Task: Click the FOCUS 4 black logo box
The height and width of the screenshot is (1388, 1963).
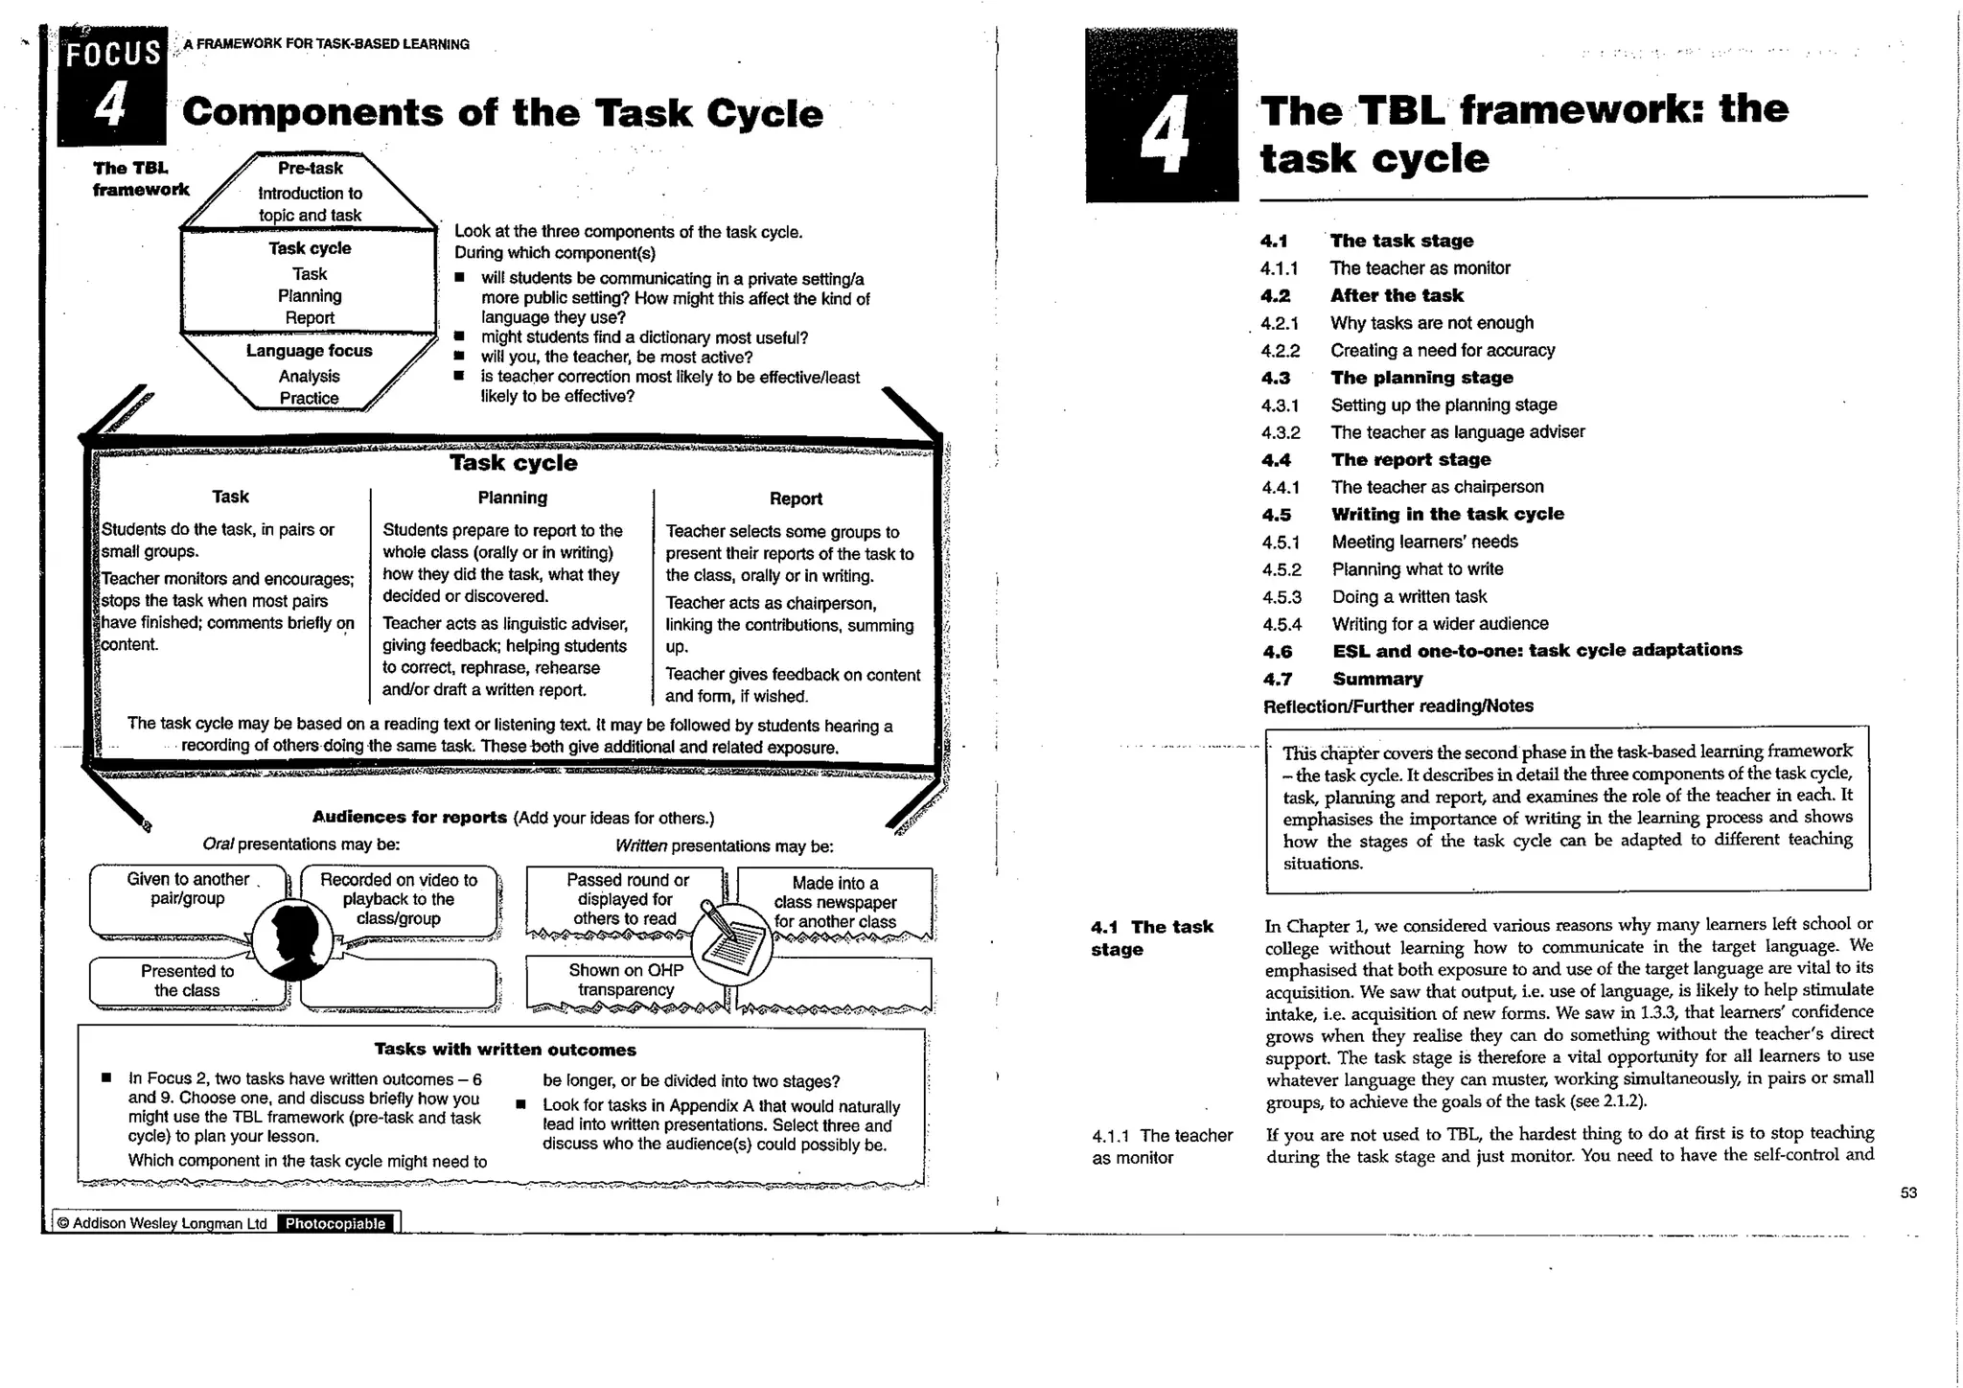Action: (111, 86)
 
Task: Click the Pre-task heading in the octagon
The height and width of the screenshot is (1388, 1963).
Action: (310, 168)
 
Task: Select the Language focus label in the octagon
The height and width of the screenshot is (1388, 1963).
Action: (309, 351)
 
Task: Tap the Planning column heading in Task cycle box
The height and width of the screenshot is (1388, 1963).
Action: (512, 497)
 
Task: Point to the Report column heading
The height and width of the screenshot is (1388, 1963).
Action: (796, 498)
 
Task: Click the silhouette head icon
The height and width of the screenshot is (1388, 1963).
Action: (294, 940)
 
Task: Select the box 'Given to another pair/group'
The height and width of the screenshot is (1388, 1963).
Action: (188, 890)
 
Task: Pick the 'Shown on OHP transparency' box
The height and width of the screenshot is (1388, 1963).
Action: (625, 981)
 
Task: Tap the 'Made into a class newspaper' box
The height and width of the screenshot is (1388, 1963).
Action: (835, 902)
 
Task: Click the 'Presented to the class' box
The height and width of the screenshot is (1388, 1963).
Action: (187, 981)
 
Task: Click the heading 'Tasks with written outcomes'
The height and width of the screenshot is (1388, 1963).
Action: (505, 1050)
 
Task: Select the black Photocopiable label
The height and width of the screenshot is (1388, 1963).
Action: (335, 1223)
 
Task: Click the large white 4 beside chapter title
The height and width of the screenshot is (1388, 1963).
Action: (1163, 134)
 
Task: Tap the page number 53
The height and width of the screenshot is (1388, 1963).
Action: (1908, 1192)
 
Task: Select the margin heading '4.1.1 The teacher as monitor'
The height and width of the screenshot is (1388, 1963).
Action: (1162, 1146)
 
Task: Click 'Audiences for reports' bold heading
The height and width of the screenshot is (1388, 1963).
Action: (409, 818)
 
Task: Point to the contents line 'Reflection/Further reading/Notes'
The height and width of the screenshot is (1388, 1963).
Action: (1397, 706)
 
